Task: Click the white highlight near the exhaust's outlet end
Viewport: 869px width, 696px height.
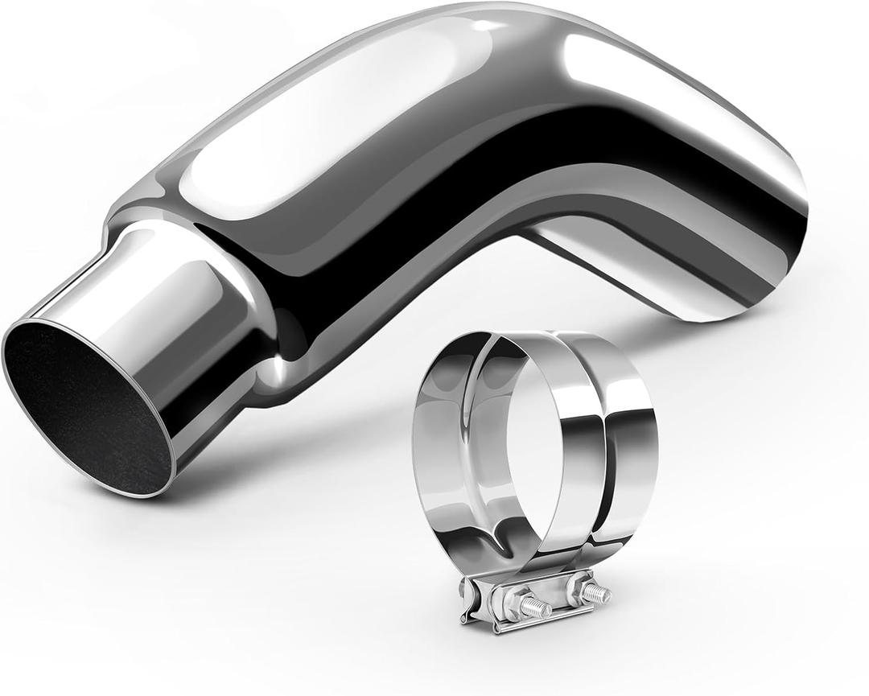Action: pyautogui.click(x=676, y=89)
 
